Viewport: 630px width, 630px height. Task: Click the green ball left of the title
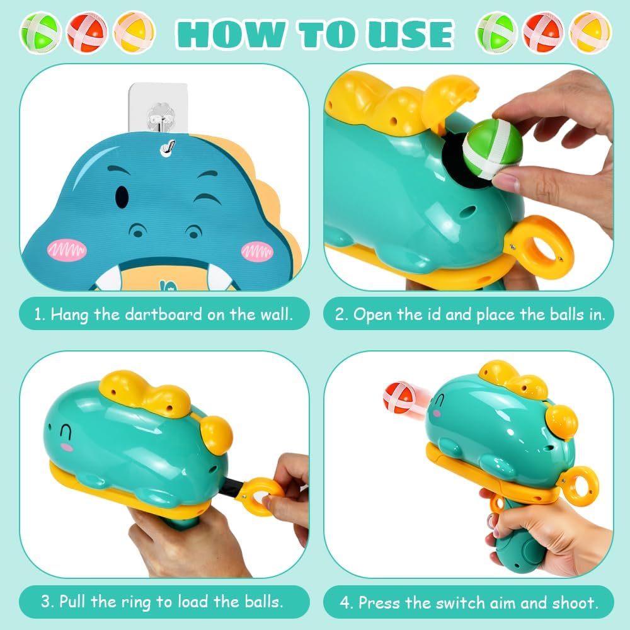tap(40, 32)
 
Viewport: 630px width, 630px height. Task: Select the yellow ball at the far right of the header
tap(590, 32)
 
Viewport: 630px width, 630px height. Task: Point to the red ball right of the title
tap(543, 32)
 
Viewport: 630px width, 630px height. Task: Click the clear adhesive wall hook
tap(157, 108)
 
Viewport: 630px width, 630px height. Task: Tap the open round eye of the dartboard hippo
tap(122, 196)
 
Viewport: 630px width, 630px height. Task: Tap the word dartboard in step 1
tap(164, 314)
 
